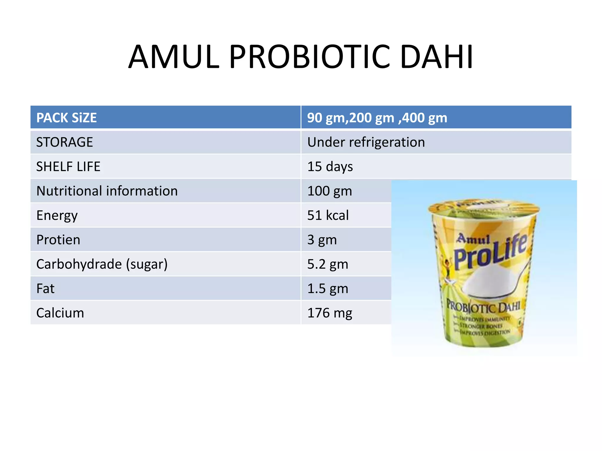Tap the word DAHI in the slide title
437,57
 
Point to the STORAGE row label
65,142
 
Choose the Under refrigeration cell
366,142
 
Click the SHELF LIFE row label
68,166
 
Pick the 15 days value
330,166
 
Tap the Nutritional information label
107,191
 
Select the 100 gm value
330,191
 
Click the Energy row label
57,216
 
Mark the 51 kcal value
328,215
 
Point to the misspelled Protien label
58,240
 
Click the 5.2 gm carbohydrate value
328,264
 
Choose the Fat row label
45,289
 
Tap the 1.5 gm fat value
328,289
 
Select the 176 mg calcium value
330,313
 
